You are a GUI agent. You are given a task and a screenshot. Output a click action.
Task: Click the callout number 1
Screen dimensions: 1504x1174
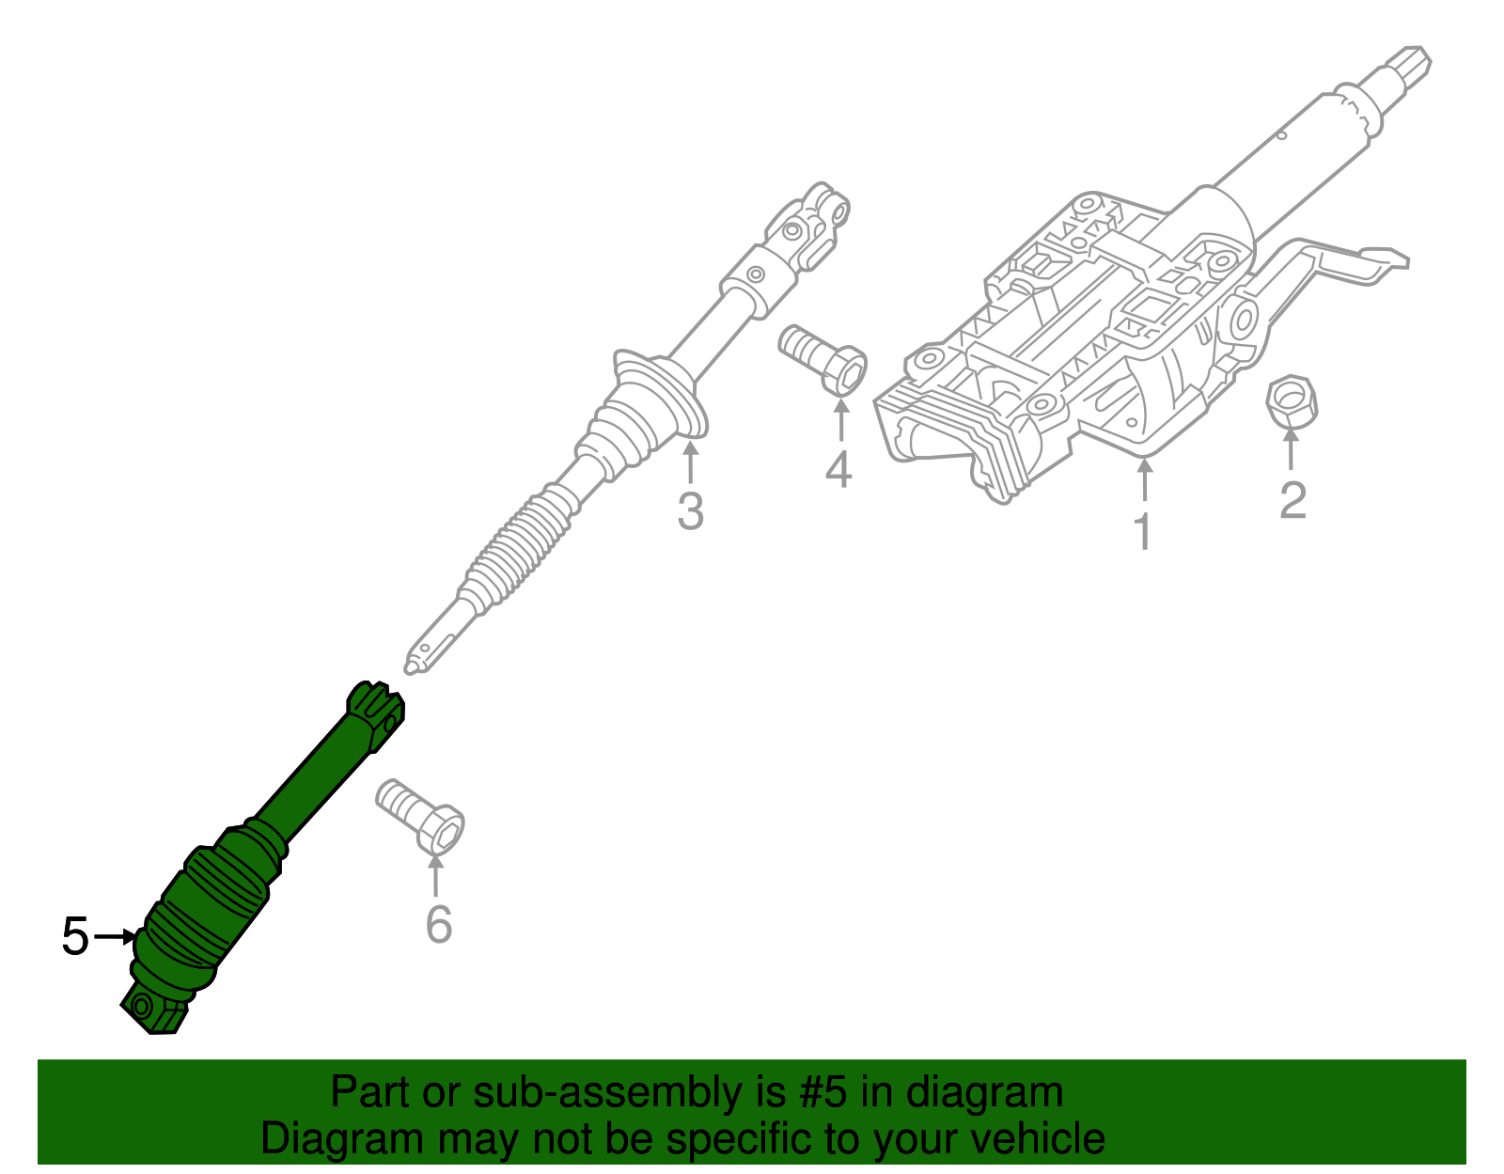(1143, 531)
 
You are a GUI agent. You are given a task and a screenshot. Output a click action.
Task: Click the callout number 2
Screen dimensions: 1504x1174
(1292, 499)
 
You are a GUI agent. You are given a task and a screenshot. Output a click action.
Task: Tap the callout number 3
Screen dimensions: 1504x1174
(690, 512)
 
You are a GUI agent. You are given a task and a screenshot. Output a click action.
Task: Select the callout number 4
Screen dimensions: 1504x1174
(838, 470)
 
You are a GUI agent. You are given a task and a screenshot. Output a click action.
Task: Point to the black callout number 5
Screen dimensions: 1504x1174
(75, 937)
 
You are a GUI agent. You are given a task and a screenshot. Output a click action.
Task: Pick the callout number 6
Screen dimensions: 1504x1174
(439, 924)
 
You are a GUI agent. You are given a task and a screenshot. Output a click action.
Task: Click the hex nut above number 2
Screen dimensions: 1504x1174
(1292, 402)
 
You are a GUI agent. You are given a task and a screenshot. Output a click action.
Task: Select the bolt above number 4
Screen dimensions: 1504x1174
(822, 360)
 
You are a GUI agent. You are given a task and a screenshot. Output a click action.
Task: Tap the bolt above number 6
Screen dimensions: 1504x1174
(419, 817)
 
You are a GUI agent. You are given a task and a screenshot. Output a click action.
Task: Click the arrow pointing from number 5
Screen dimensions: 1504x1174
(115, 937)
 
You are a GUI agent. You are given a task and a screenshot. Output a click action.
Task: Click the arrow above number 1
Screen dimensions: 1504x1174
(1145, 479)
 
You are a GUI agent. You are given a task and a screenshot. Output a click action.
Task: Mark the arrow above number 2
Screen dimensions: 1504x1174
(1290, 449)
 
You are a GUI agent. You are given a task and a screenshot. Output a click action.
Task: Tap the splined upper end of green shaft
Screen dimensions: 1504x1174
(374, 715)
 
